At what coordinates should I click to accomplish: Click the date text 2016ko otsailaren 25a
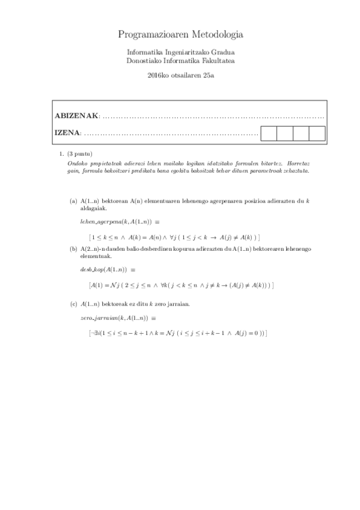(180, 75)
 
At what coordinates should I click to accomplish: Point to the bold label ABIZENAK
(76, 115)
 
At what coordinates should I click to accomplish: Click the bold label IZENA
(66, 133)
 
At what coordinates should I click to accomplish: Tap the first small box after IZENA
(269, 134)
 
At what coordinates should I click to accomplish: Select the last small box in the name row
(317, 134)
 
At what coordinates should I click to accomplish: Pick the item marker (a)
(73, 201)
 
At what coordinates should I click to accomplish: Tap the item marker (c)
(73, 304)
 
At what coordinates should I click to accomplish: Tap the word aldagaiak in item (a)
(93, 208)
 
